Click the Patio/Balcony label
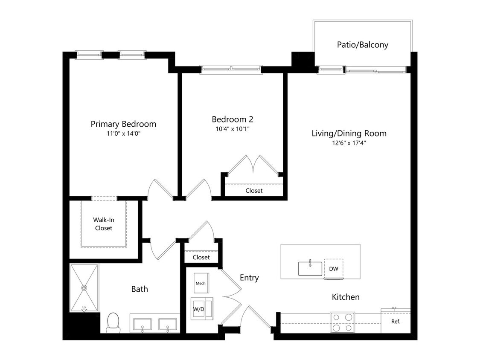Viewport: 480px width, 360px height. coord(362,45)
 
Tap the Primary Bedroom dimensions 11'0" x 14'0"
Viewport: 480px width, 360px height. coord(123,134)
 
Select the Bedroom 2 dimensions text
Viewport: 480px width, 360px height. coord(233,129)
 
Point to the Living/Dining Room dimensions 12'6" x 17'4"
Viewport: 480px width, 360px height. coord(349,142)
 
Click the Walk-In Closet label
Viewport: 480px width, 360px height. coord(104,224)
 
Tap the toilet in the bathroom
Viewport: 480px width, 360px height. coord(113,322)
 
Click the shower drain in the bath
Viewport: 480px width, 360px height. coord(84,288)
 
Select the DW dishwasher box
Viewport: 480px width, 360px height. coord(334,269)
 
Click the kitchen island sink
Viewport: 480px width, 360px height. coord(310,268)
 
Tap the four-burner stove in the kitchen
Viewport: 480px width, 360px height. coord(342,322)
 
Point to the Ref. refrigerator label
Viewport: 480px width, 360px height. coord(396,322)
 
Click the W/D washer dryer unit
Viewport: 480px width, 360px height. coord(202,309)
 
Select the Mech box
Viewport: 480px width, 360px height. coord(201,283)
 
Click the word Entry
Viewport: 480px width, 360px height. coord(249,278)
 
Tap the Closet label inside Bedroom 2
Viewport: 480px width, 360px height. coord(254,191)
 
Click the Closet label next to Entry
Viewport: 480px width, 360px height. coord(201,257)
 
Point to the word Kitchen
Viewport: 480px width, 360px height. coord(346,297)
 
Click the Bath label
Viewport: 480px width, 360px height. coord(140,289)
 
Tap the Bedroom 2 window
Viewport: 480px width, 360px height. coord(231,70)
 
